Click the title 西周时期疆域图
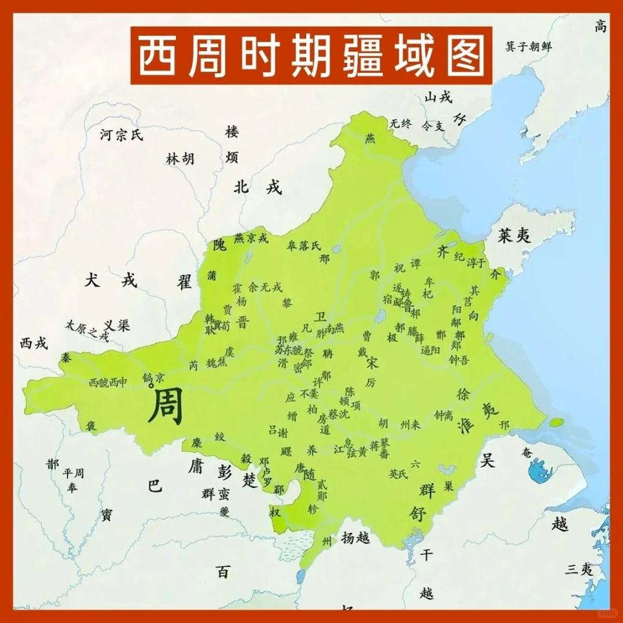pyautogui.click(x=311, y=55)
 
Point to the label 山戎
pyautogui.click(x=437, y=97)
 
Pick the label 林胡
pyautogui.click(x=180, y=158)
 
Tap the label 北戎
pyautogui.click(x=258, y=188)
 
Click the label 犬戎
pyautogui.click(x=111, y=280)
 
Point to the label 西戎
pyautogui.click(x=33, y=343)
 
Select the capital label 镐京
pyautogui.click(x=154, y=377)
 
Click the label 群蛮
pyautogui.click(x=215, y=494)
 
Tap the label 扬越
pyautogui.click(x=355, y=537)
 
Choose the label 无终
pyautogui.click(x=400, y=123)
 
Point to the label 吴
pyautogui.click(x=487, y=460)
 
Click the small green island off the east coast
pyautogui.click(x=556, y=422)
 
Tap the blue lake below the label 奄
pyautogui.click(x=538, y=474)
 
